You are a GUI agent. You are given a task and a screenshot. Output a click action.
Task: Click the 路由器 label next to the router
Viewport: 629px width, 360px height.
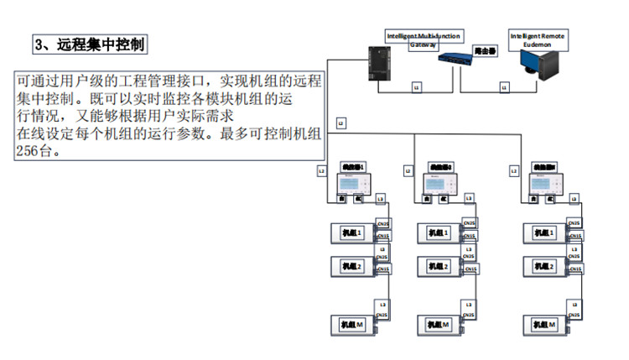(483, 50)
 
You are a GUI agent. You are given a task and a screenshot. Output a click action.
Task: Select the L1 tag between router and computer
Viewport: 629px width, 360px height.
(504, 86)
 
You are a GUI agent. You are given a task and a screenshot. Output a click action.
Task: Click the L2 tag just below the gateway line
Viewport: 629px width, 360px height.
(340, 123)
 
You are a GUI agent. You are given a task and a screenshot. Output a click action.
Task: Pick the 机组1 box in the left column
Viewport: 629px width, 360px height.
(352, 232)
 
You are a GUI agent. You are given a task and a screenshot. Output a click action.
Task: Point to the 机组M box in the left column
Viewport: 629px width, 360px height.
(352, 324)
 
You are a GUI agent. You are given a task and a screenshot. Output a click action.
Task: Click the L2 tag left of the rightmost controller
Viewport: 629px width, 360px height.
(513, 170)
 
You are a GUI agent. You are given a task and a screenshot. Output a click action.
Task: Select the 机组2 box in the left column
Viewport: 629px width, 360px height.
(352, 266)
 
